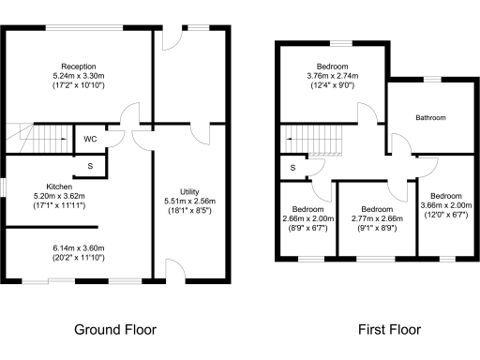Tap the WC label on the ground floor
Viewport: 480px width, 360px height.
pyautogui.click(x=91, y=140)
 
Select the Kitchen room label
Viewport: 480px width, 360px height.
pyautogui.click(x=47, y=186)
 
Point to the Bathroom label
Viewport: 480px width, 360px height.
pyautogui.click(x=430, y=118)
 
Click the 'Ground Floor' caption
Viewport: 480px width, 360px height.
pyautogui.click(x=114, y=329)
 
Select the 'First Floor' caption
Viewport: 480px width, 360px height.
pyautogui.click(x=389, y=329)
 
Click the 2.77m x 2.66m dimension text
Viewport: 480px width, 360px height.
pyautogui.click(x=376, y=217)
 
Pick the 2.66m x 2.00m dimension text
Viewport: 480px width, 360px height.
pyautogui.click(x=307, y=217)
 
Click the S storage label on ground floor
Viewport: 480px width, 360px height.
pyautogui.click(x=90, y=166)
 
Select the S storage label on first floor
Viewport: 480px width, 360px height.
pyautogui.click(x=292, y=168)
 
